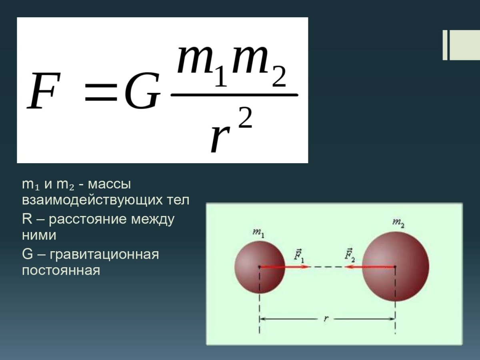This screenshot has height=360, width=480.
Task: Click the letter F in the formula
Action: pyautogui.click(x=43, y=91)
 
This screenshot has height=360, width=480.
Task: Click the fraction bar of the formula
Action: pyautogui.click(x=234, y=95)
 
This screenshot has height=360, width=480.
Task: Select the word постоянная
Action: pyautogui.click(x=60, y=270)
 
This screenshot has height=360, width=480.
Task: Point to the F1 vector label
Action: pyautogui.click(x=299, y=255)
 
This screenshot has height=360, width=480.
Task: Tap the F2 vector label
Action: pyautogui.click(x=350, y=255)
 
